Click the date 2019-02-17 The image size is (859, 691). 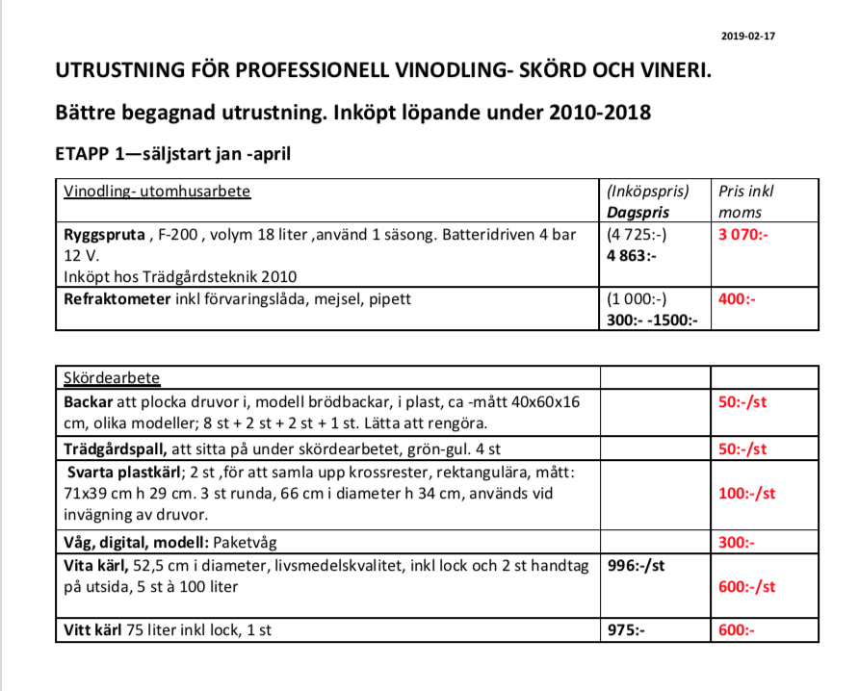pos(748,36)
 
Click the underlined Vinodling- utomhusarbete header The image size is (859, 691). pos(157,192)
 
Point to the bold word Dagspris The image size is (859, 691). pos(638,212)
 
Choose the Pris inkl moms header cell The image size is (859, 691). pos(746,201)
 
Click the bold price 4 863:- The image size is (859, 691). pos(631,257)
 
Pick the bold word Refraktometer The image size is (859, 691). pos(117,299)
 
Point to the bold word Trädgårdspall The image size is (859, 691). pos(115,449)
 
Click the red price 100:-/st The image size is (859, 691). pos(746,493)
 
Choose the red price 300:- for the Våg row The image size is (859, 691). pos(737,543)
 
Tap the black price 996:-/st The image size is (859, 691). pos(636,566)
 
